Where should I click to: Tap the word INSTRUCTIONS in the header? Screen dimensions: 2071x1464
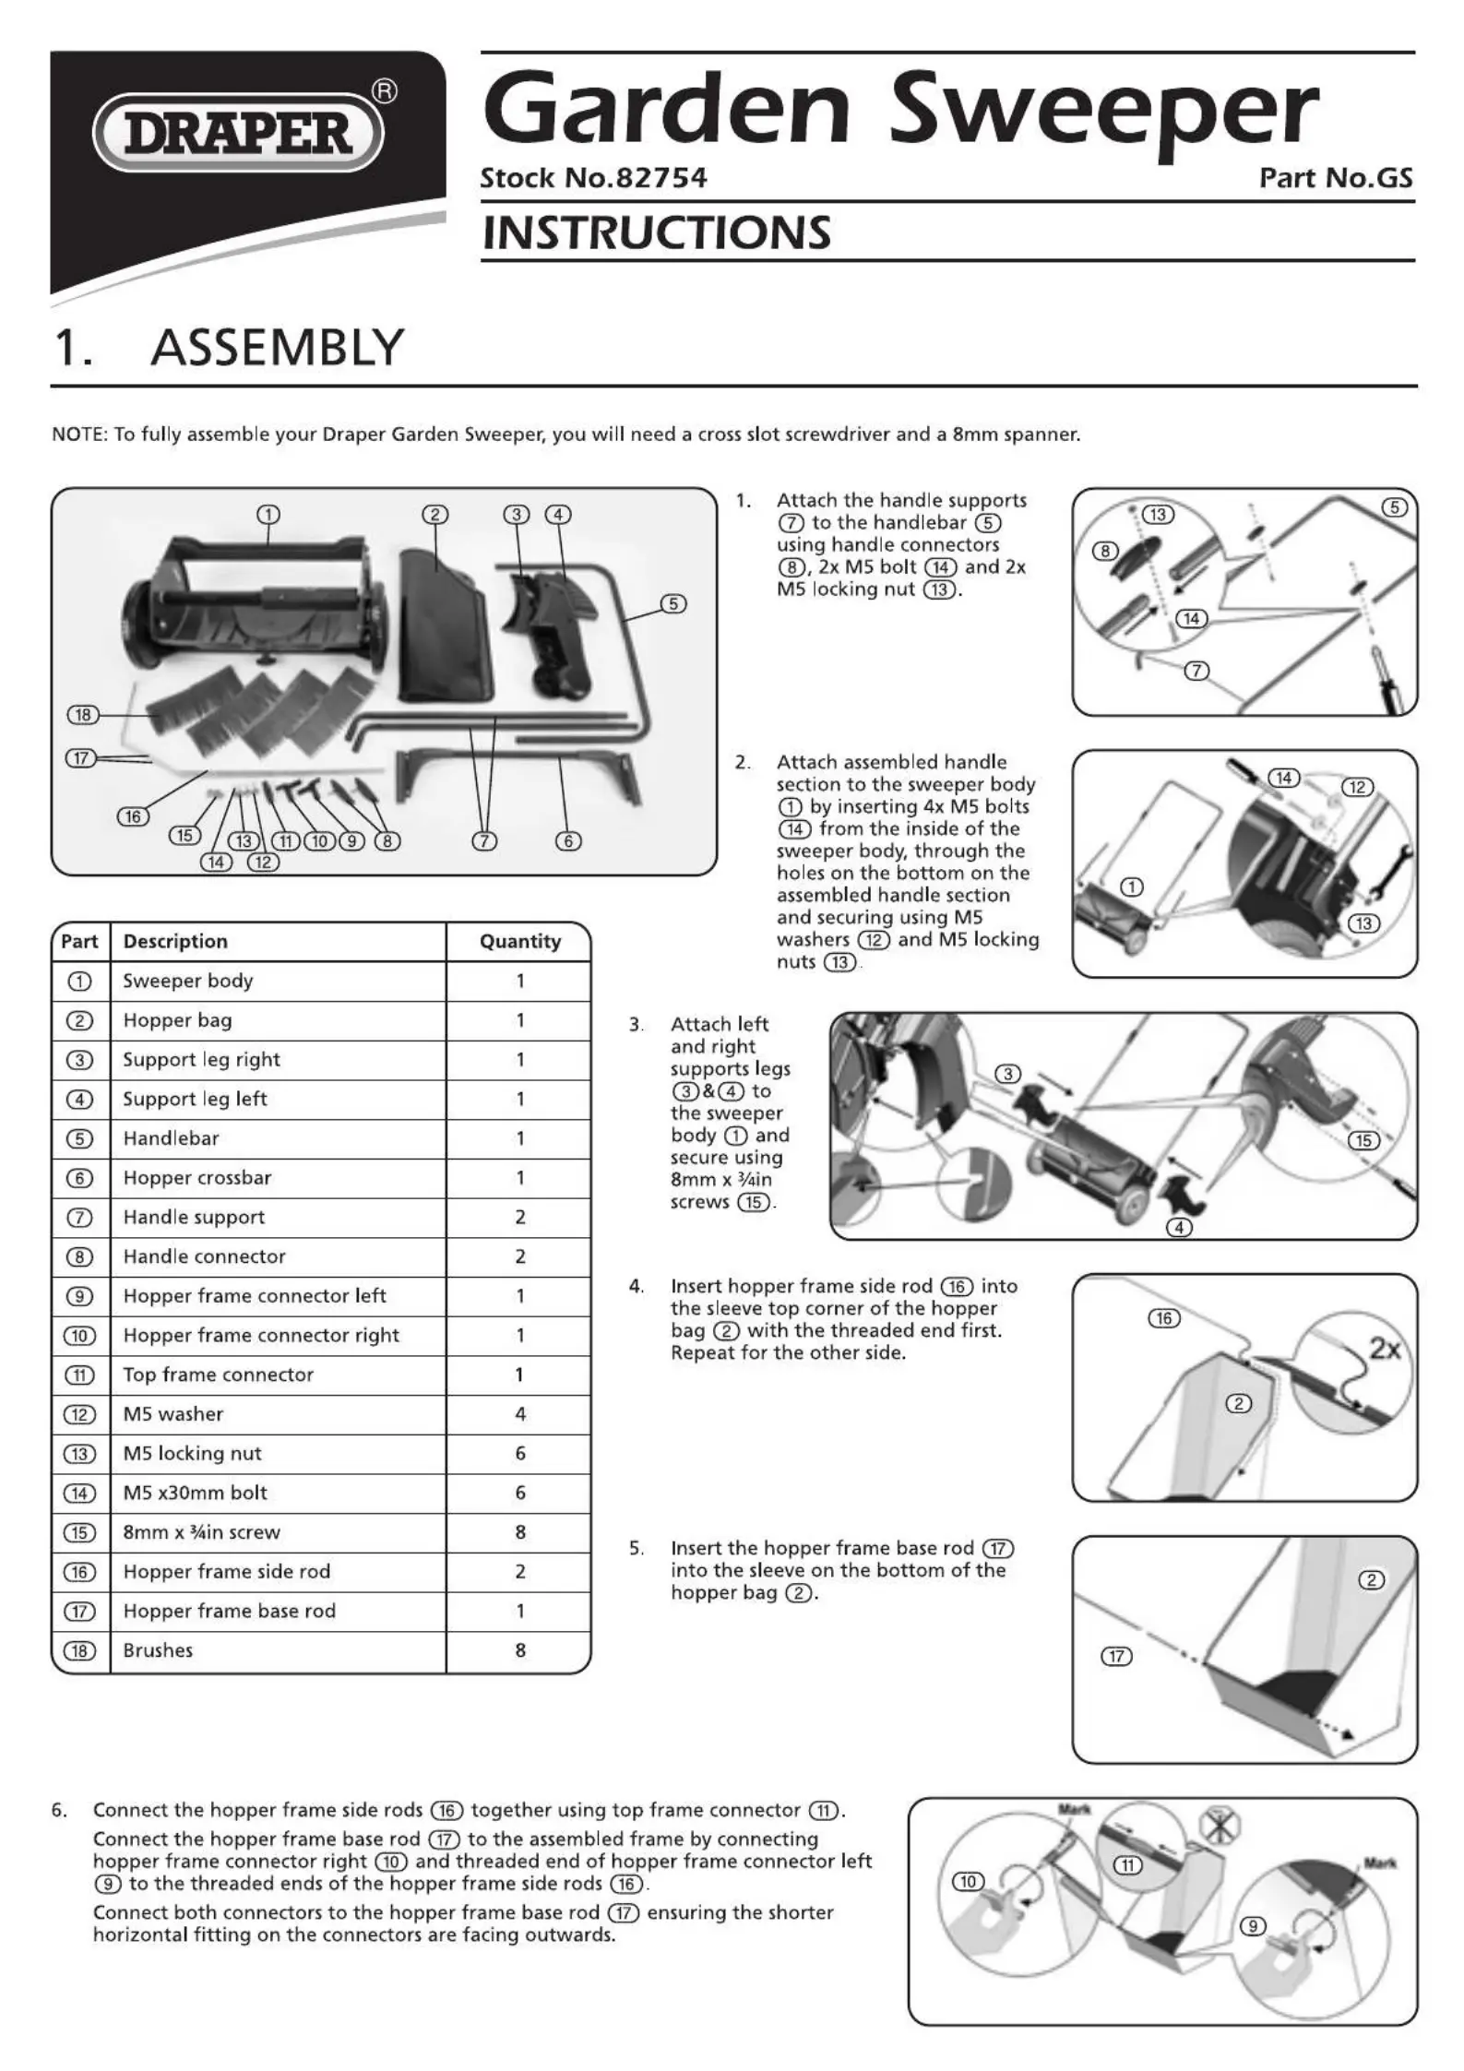[x=656, y=232]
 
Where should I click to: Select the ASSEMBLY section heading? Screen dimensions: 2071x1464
[x=277, y=348]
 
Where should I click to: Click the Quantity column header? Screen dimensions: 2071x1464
[x=519, y=942]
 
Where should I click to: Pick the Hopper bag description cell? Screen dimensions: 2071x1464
[x=177, y=1020]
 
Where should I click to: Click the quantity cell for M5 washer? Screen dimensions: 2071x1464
[x=519, y=1414]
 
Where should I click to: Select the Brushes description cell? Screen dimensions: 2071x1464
[x=158, y=1650]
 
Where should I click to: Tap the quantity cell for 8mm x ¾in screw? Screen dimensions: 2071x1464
[x=519, y=1532]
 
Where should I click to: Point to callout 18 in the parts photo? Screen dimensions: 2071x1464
[x=83, y=715]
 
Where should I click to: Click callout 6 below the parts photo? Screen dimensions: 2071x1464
[x=568, y=840]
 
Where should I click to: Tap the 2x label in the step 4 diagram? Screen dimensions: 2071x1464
[x=1385, y=1350]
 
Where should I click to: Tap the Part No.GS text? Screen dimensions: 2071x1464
[x=1335, y=178]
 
